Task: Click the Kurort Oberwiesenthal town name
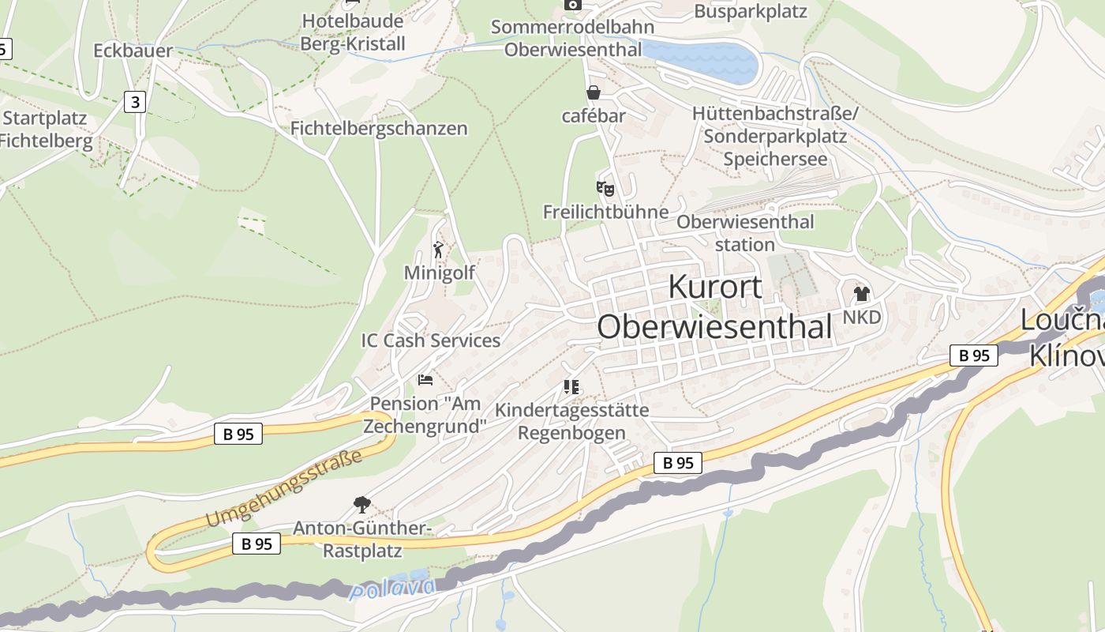coord(714,307)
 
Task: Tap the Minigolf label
coord(440,273)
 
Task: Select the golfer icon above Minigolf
coord(439,250)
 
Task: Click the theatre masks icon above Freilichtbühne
coord(605,189)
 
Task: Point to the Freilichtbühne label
coord(605,212)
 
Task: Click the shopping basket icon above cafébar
coord(594,93)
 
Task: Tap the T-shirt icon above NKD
coord(861,294)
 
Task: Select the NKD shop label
coord(861,317)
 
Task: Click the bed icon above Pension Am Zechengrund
coord(425,380)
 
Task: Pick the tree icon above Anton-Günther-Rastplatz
coord(362,504)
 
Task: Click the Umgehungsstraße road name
coord(284,488)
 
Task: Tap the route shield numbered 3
coord(136,102)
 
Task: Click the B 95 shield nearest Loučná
coord(974,355)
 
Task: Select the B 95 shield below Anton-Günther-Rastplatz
coord(257,544)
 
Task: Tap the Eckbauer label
coord(133,51)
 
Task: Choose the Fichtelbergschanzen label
coord(379,128)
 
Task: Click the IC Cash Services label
coord(431,340)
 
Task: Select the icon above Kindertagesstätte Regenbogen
coord(571,387)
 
